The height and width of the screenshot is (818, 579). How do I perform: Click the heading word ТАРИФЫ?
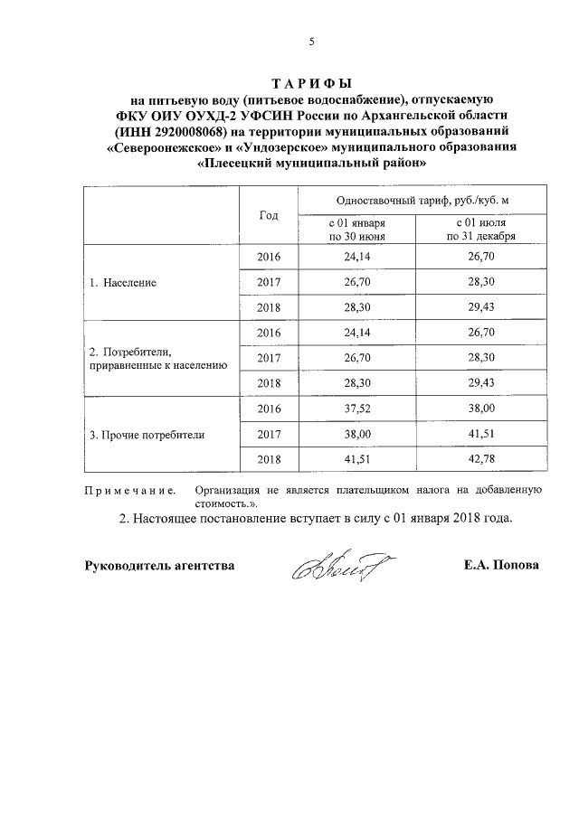tap(311, 81)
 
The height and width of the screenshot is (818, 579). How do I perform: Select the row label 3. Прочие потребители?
tap(147, 434)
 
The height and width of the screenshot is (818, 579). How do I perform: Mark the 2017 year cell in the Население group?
tap(269, 282)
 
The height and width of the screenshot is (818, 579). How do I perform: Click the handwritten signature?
tap(336, 567)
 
